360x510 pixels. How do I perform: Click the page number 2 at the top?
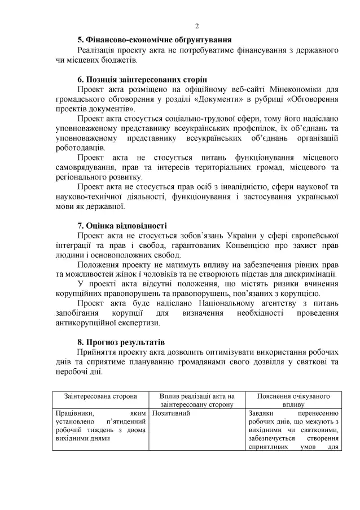point(197,26)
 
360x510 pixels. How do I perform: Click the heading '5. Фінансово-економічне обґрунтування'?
point(154,41)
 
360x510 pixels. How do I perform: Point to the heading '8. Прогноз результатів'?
point(121,342)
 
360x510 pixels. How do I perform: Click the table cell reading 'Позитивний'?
point(169,414)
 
